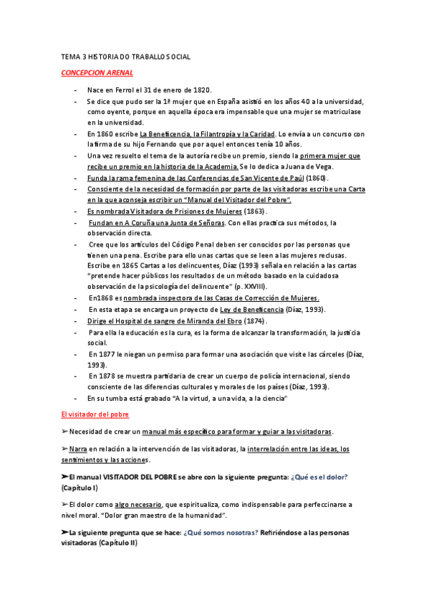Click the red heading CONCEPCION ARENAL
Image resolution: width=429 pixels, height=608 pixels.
(97, 73)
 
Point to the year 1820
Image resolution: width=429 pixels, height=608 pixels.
(198, 90)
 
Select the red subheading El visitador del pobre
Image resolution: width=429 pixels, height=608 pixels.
(95, 414)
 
